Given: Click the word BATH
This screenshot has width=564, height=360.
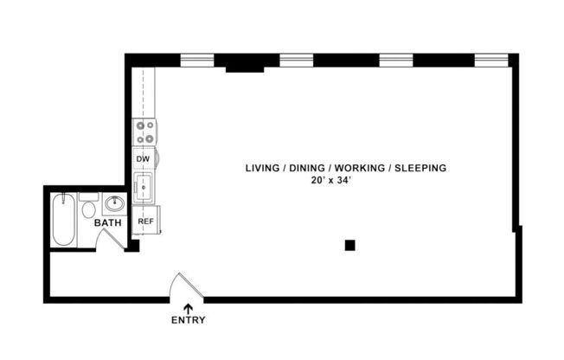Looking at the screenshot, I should pyautogui.click(x=108, y=223).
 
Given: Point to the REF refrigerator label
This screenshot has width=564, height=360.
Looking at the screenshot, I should pyautogui.click(x=145, y=222).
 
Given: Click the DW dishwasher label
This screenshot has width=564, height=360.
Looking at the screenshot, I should pyautogui.click(x=144, y=159).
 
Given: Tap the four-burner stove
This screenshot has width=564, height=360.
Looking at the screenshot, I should pyautogui.click(x=144, y=132).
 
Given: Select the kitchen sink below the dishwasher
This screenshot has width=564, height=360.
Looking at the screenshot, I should pyautogui.click(x=144, y=187).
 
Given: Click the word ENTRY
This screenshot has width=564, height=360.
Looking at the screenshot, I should pyautogui.click(x=188, y=320).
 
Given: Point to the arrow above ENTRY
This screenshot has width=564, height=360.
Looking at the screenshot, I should pyautogui.click(x=188, y=307).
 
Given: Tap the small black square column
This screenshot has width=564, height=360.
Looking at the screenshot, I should pyautogui.click(x=349, y=245).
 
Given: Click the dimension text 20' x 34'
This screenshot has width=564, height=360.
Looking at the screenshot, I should pyautogui.click(x=333, y=181).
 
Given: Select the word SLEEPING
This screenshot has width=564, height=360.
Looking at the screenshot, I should pyautogui.click(x=420, y=168).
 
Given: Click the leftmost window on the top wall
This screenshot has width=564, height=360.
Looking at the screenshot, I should pyautogui.click(x=196, y=61).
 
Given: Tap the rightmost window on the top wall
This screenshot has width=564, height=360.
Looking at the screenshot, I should pyautogui.click(x=491, y=61).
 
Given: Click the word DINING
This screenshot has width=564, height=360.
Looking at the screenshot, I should pyautogui.click(x=306, y=168).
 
